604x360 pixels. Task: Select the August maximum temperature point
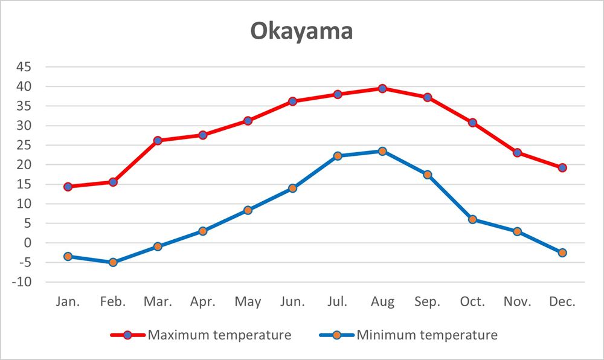pos(382,88)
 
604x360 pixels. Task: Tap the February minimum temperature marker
pos(112,262)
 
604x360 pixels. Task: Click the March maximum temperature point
pos(158,141)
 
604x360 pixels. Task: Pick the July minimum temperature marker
pos(337,156)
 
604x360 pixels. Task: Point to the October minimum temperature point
pos(472,219)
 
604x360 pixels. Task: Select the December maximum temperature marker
pos(562,168)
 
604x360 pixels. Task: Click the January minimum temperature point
pos(68,257)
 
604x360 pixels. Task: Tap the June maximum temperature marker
pos(292,101)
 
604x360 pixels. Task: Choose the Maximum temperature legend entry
pos(219,335)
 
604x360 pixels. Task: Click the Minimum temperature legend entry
pos(427,335)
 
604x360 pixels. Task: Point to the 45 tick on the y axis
pos(24,67)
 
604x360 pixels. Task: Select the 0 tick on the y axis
pos(27,243)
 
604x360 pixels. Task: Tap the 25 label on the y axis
pos(24,146)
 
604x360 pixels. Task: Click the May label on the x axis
pos(248,301)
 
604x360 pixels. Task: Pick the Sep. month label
pos(428,301)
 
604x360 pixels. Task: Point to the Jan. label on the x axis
pos(68,301)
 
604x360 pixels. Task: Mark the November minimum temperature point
pos(517,231)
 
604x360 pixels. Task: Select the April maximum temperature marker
pos(202,135)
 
